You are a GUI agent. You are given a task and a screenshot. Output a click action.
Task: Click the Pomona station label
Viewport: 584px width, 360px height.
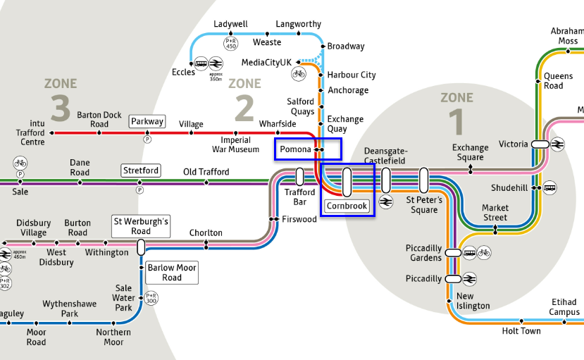[295, 149]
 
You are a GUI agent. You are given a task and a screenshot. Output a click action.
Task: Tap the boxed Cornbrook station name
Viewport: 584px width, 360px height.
[347, 206]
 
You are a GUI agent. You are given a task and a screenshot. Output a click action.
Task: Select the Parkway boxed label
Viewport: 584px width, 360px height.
[147, 121]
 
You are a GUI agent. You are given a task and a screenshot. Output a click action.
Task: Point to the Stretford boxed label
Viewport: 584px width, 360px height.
[141, 170]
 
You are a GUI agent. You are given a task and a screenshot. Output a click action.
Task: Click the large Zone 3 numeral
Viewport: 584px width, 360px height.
[61, 109]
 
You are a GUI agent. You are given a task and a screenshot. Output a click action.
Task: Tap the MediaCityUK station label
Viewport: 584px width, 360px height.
[266, 63]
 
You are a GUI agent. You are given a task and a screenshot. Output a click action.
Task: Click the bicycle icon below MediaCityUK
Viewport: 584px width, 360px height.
[299, 73]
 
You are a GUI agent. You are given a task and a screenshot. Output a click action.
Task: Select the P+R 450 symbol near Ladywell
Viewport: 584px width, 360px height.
[230, 44]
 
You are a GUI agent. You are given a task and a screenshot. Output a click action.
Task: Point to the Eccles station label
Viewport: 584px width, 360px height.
[183, 73]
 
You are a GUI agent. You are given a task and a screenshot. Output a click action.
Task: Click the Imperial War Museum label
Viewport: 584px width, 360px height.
[236, 144]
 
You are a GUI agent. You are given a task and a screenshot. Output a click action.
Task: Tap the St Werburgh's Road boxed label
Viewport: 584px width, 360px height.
[141, 226]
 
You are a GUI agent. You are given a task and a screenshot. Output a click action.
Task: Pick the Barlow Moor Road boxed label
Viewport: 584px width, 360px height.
[171, 272]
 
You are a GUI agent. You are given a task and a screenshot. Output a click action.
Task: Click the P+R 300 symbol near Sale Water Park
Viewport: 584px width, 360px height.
[151, 298]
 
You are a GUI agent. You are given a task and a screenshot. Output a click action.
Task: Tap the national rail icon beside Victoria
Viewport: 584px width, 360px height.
[558, 144]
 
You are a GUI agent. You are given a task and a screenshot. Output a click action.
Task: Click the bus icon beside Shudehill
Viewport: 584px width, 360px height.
[549, 188]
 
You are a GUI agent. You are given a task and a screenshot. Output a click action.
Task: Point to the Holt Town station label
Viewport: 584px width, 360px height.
[521, 331]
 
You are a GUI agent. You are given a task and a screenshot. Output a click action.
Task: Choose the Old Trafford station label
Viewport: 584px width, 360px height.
[206, 172]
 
